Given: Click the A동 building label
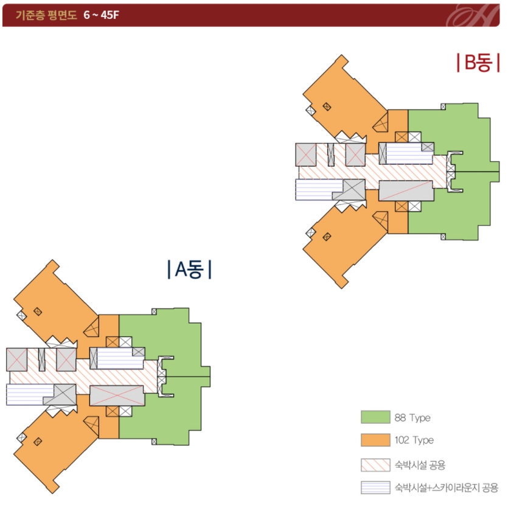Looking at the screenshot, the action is pos(189,269).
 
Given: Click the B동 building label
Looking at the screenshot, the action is pos(474,63).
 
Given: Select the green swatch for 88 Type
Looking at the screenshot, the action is pos(375,417).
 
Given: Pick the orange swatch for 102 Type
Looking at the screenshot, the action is pos(375,440).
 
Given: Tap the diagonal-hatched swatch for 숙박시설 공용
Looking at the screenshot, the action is pos(375,465).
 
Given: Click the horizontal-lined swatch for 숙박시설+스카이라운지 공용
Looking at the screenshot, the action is pos(375,487).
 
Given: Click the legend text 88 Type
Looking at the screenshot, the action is pos(412,418).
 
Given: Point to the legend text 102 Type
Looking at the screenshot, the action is pos(414,440).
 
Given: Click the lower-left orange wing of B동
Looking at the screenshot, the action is pos(344,243).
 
